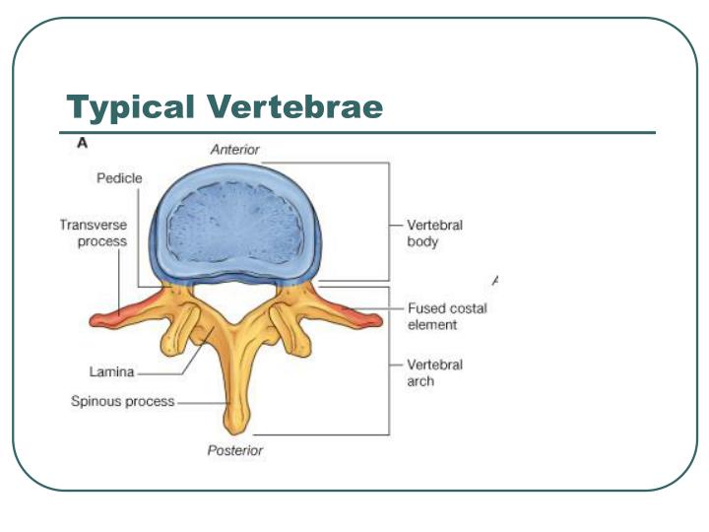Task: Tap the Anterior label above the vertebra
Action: tap(234, 149)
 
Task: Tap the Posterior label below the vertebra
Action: tap(234, 451)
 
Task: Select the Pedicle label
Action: tap(119, 178)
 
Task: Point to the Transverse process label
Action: tap(93, 233)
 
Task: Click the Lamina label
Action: tap(109, 372)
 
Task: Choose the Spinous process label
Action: tap(122, 402)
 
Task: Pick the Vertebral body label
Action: tap(434, 233)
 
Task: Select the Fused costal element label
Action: tap(446, 316)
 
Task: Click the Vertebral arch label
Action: tap(434, 372)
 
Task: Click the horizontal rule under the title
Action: tap(354, 132)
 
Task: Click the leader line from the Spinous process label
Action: tap(201, 402)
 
